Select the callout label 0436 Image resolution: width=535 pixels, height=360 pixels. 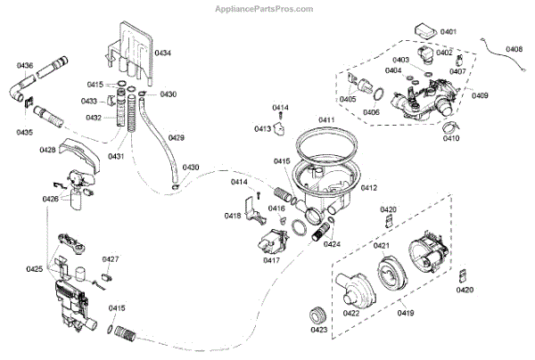24,66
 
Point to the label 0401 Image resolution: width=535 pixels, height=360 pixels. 448,32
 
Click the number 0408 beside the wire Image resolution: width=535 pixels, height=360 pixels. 514,48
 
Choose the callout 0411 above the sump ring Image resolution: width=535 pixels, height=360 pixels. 326,119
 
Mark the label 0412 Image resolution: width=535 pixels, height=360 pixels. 368,188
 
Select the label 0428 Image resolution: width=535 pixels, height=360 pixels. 48,150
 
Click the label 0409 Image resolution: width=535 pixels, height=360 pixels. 481,95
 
